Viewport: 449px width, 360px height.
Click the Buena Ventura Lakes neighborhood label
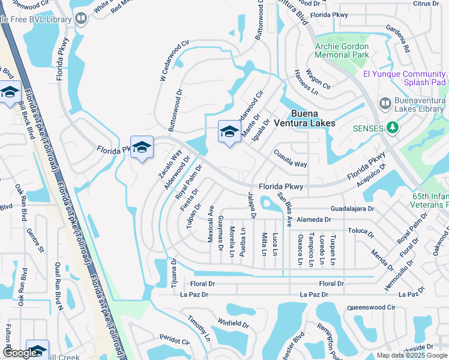[x=312, y=118]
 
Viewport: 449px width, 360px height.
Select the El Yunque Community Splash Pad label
[x=404, y=78]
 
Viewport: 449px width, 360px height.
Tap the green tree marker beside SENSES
[x=393, y=127]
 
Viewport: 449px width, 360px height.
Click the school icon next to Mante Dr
[x=229, y=132]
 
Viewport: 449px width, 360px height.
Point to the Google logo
[x=20, y=353]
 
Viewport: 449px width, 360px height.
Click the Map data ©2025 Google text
[x=411, y=355]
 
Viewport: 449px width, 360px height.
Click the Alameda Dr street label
[x=309, y=220]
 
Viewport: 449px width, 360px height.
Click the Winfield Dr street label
[x=234, y=324]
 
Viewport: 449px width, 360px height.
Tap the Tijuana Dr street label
[x=175, y=273]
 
